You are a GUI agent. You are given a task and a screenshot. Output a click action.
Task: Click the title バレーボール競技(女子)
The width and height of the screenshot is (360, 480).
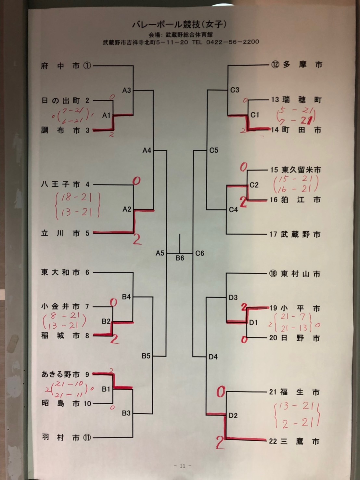tap(179, 24)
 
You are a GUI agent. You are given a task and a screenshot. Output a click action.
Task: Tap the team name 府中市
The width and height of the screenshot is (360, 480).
tap(60, 66)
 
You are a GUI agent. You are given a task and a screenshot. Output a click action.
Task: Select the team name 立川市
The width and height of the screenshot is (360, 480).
tap(60, 233)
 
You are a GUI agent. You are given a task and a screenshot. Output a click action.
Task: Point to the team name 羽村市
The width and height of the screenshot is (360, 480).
tap(61, 437)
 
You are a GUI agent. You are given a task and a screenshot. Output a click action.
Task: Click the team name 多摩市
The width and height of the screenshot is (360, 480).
tap(302, 65)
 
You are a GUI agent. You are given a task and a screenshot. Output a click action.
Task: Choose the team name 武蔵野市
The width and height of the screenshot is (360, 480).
tap(300, 234)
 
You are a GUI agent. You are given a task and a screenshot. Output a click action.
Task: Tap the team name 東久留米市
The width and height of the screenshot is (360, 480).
tap(301, 170)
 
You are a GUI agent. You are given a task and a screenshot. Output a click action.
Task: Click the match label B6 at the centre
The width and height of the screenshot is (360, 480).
tap(180, 258)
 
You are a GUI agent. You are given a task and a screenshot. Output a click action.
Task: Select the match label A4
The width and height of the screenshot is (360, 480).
tap(147, 150)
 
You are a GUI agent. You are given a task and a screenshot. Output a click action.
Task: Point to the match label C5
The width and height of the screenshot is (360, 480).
tap(214, 150)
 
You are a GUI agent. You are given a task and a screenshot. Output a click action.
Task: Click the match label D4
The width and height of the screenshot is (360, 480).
tap(213, 357)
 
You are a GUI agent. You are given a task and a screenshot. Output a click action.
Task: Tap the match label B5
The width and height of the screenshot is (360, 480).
tap(146, 356)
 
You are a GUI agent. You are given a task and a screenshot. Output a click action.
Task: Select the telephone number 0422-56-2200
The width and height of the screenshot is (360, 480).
tap(233, 42)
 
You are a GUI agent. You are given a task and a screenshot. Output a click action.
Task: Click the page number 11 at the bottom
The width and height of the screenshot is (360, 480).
tap(182, 466)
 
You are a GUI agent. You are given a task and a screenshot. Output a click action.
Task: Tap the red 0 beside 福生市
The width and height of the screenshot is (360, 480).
tap(221, 392)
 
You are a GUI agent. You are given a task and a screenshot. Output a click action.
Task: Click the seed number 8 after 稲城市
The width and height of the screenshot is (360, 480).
tap(87, 335)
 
